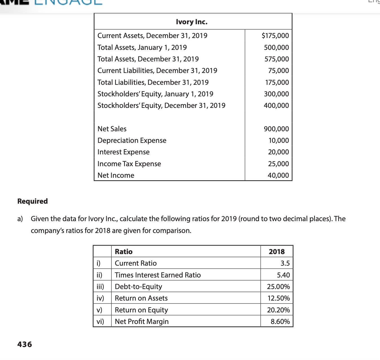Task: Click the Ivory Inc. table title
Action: pyautogui.click(x=191, y=22)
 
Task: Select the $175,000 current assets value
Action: pyautogui.click(x=275, y=36)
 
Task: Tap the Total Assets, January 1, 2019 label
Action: pyautogui.click(x=142, y=47)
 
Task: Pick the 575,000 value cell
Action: pyautogui.click(x=277, y=59)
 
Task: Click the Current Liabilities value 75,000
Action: pyautogui.click(x=279, y=71)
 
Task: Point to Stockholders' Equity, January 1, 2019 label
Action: pyautogui.click(x=155, y=94)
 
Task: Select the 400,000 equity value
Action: pyautogui.click(x=276, y=106)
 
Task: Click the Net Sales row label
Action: pyautogui.click(x=112, y=129)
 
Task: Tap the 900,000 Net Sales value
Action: pyautogui.click(x=276, y=129)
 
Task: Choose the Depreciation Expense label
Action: pyautogui.click(x=132, y=141)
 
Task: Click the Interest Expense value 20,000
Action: pyautogui.click(x=278, y=152)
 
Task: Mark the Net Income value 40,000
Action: pyautogui.click(x=278, y=175)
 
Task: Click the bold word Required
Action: pyautogui.click(x=32, y=201)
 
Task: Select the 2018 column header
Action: pyautogui.click(x=277, y=252)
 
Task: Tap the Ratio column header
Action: pyautogui.click(x=123, y=252)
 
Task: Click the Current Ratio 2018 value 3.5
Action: pyautogui.click(x=285, y=263)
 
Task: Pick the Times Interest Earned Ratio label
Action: pyautogui.click(x=158, y=275)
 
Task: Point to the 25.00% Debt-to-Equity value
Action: pyautogui.click(x=278, y=287)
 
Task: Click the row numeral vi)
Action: pyautogui.click(x=100, y=321)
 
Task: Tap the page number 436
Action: pyautogui.click(x=25, y=344)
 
